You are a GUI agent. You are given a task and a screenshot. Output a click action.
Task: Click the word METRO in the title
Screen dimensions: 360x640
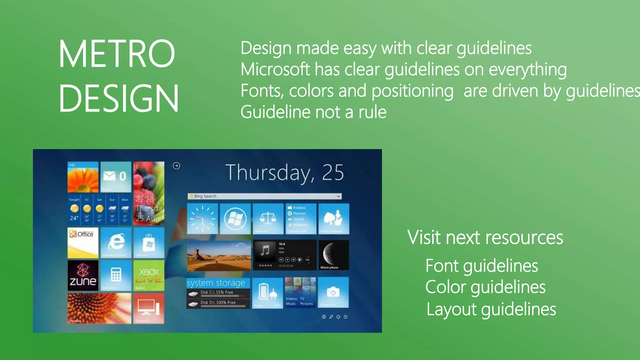[117, 54]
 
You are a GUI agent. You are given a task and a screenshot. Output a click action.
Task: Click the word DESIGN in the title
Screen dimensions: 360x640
[118, 98]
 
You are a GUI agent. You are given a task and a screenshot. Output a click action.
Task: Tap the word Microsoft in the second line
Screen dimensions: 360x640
[275, 69]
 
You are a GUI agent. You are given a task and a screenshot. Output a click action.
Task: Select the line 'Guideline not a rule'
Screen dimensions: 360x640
[313, 112]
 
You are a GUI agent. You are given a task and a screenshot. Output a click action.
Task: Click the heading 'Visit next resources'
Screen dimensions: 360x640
[485, 237]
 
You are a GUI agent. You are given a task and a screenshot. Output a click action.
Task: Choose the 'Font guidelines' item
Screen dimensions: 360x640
[482, 266]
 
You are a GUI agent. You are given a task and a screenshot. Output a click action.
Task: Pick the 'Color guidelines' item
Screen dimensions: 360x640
[485, 287]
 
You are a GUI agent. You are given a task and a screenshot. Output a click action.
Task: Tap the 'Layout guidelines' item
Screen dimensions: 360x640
[491, 309]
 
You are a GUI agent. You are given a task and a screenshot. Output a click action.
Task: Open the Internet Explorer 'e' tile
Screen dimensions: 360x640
[116, 242]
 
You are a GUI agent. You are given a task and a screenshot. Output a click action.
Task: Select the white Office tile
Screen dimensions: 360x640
[83, 242]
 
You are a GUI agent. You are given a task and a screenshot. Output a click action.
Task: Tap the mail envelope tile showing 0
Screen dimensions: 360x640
[116, 177]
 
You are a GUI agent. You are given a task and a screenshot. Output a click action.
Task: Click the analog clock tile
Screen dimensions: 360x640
[202, 219]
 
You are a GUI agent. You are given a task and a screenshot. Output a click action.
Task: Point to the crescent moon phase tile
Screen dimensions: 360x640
[333, 255]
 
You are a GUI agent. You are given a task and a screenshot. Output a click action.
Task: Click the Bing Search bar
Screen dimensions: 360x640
[264, 196]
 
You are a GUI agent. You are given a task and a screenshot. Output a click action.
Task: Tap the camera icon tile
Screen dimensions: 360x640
[333, 292]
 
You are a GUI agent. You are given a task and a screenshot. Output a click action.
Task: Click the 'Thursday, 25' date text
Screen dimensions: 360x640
[284, 172]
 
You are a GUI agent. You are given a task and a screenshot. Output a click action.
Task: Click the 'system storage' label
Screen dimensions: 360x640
[216, 283]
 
